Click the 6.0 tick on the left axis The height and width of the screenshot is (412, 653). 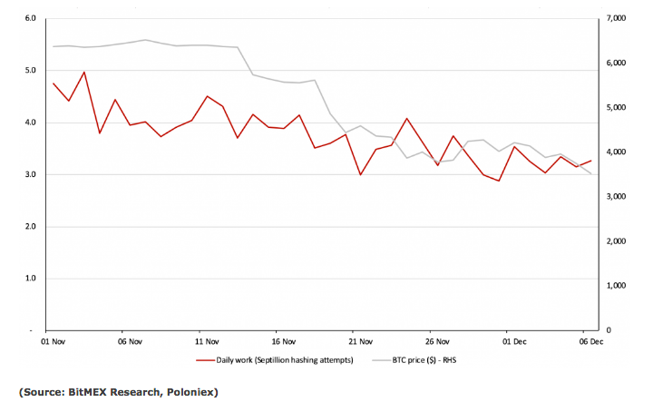30,18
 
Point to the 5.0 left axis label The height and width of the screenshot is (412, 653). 30,70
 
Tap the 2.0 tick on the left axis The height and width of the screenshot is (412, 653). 30,226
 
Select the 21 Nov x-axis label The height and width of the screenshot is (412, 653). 361,342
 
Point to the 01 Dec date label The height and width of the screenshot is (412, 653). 515,342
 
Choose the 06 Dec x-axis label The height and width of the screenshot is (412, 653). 591,342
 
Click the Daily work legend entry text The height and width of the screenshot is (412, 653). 287,360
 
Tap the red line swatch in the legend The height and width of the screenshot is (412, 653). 205,360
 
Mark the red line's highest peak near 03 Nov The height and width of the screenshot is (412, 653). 84,72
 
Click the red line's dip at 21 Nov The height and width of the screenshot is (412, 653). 361,174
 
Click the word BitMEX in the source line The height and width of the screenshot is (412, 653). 92,392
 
